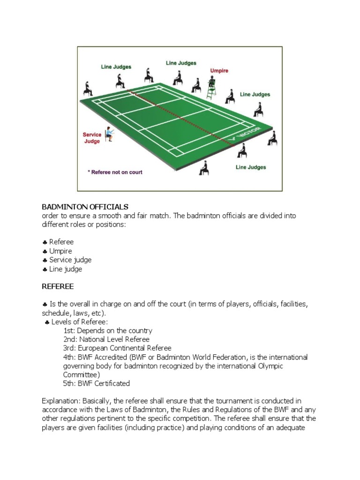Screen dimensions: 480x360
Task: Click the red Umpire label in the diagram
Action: click(219, 71)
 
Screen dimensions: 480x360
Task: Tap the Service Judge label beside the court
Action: click(92, 138)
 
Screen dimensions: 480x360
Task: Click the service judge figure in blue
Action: click(109, 134)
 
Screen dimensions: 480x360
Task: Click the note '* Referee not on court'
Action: click(115, 172)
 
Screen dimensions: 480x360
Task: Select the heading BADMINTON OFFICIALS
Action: click(85, 207)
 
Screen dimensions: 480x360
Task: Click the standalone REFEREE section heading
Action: click(58, 285)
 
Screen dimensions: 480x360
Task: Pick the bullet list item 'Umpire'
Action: click(60, 251)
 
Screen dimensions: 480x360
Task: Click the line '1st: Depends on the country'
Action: click(108, 330)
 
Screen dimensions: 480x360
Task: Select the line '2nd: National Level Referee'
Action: click(106, 339)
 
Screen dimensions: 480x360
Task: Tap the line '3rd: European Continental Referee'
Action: click(117, 348)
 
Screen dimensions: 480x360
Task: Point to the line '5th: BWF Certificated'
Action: click(97, 383)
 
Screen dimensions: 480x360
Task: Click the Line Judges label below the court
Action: click(251, 167)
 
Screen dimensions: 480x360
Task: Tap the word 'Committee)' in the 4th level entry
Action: click(80, 375)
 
